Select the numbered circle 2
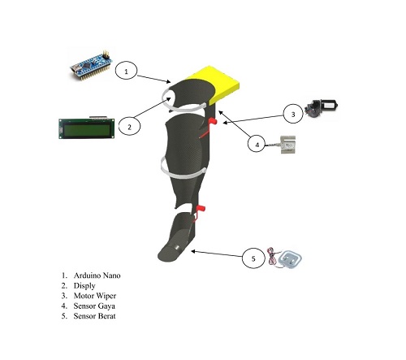click(x=129, y=126)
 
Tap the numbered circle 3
click(x=293, y=114)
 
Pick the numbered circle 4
click(x=257, y=144)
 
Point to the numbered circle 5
click(x=253, y=258)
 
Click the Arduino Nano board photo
click(x=92, y=66)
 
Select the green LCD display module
click(x=87, y=128)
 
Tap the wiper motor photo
click(x=322, y=108)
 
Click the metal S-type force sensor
click(x=287, y=145)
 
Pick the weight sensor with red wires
click(x=285, y=258)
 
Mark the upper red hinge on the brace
click(x=213, y=121)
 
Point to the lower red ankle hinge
click(x=201, y=208)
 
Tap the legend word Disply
click(x=84, y=286)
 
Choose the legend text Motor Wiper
click(x=95, y=296)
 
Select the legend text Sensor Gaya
click(x=94, y=306)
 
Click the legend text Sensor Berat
click(x=94, y=316)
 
